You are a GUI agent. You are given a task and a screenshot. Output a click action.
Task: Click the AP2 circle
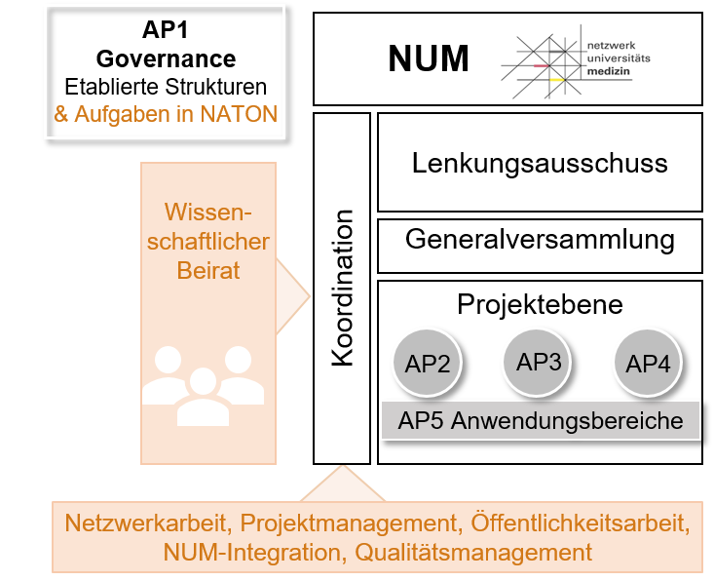(427, 364)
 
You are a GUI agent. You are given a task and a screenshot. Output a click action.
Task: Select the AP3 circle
(539, 362)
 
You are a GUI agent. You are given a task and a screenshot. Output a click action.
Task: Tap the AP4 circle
(648, 364)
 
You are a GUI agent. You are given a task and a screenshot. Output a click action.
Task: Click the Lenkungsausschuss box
(540, 162)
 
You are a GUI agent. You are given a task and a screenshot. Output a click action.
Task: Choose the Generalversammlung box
(540, 240)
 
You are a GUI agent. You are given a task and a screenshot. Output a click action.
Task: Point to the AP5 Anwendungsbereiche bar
(540, 422)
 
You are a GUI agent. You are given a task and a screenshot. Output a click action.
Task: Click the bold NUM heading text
(428, 59)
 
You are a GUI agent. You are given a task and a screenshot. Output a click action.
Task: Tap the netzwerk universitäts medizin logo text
(619, 59)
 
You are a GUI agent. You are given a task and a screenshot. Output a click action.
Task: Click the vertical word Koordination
(343, 288)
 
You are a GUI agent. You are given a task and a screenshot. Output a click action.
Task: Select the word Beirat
(208, 270)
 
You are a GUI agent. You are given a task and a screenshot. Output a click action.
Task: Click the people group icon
(204, 385)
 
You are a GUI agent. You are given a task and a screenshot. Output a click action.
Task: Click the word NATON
(240, 114)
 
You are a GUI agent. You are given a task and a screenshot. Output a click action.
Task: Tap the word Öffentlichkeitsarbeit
(580, 523)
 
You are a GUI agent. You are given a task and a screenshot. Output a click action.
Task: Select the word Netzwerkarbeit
(147, 523)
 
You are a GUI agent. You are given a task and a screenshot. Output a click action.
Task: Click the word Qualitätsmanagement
(473, 552)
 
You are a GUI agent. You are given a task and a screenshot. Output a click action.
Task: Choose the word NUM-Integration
(246, 552)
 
